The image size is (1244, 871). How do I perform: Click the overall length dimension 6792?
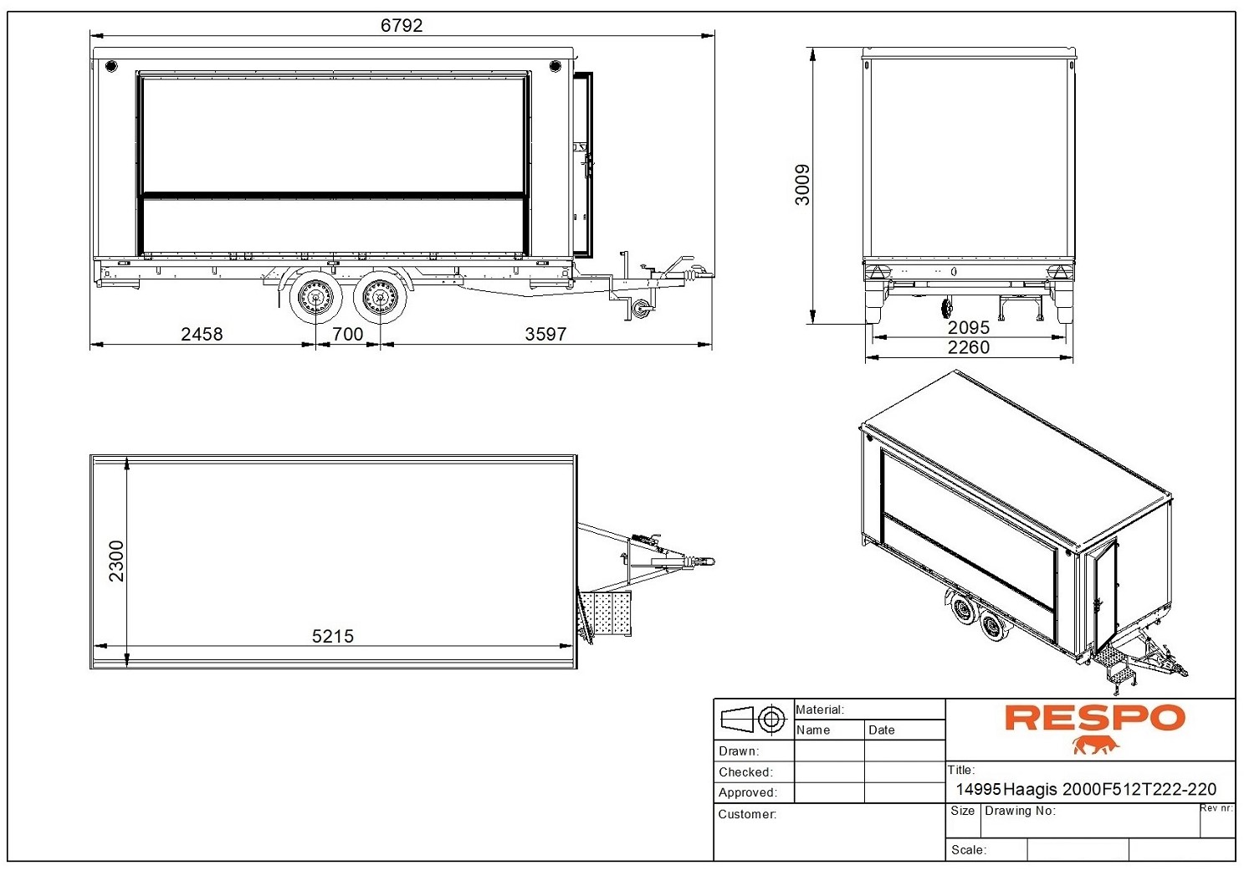coord(402,25)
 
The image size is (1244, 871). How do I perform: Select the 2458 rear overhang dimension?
coord(202,334)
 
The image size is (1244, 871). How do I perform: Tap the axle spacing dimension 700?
coord(348,334)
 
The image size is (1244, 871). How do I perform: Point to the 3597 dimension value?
coord(545,334)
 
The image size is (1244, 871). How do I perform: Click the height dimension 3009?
coord(802,185)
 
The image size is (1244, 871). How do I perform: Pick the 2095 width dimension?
coord(969,327)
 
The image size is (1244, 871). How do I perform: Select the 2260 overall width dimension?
coord(969,347)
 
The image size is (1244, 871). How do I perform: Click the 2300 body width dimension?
coord(116,561)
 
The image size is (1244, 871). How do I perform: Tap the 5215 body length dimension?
coord(333,636)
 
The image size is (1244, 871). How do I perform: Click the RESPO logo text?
coord(1094,718)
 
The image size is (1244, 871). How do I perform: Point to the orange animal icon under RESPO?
coord(1095,745)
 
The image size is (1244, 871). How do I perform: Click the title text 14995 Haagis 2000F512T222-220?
coord(1086,789)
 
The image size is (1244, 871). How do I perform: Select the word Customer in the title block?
coord(747,814)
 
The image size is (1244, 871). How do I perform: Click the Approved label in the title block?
coord(748,792)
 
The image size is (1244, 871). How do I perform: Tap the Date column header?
coord(882,730)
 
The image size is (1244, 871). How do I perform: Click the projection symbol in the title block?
coord(753,719)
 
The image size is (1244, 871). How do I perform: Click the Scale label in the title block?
coord(969,850)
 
